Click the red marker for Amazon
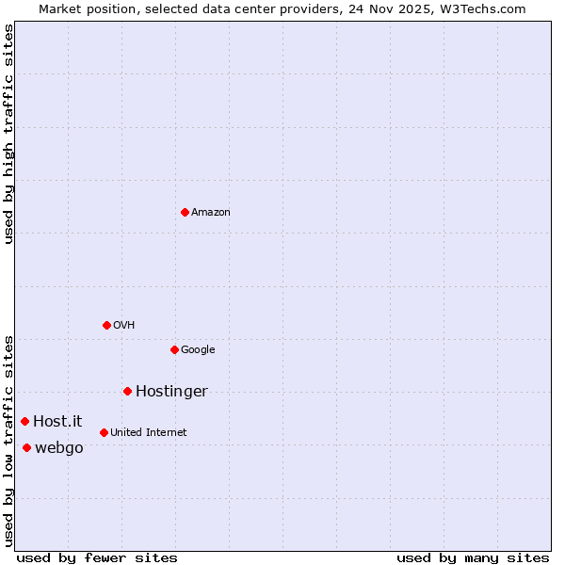pos(185,212)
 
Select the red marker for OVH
pos(106,325)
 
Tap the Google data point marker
pos(174,349)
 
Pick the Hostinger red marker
pos(127,391)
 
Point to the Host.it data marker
pos(24,421)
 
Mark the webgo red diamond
pos(26,447)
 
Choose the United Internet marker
pos(104,432)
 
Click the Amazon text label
pos(211,213)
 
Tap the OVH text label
pos(124,326)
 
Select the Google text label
pos(198,350)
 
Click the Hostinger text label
pos(171,392)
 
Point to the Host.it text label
pos(57,422)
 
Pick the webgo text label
pos(59,448)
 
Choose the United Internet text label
pos(149,433)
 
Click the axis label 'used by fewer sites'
pos(97,557)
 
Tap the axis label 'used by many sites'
pos(473,557)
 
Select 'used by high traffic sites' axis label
pos(9,134)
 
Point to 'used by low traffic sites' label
pos(9,440)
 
